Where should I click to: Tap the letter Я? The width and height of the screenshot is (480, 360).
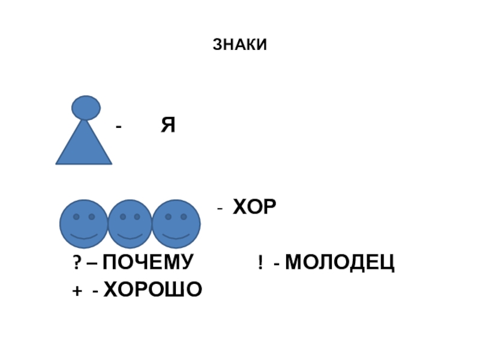[167, 125]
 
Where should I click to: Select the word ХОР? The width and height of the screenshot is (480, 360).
[254, 208]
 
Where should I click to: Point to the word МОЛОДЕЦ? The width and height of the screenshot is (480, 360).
[340, 262]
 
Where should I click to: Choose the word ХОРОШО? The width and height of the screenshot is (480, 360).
[153, 290]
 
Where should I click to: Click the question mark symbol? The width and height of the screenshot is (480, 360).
[77, 263]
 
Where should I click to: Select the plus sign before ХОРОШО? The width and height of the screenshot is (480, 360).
[76, 290]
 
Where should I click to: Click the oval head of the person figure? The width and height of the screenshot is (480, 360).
[86, 107]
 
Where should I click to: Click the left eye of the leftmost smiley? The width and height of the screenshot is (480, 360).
[76, 217]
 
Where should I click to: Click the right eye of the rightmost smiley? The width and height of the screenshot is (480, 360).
[184, 217]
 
